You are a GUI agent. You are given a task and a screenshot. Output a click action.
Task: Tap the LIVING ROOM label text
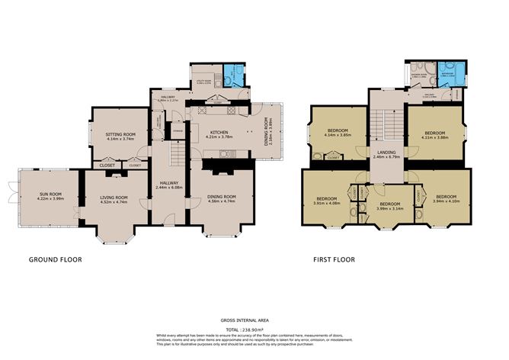[x=114, y=200]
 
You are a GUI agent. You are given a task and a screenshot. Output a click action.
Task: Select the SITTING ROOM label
[x=120, y=136]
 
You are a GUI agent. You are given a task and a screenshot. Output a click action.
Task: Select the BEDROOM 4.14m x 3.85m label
[x=337, y=133]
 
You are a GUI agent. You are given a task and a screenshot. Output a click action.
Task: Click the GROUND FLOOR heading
[x=55, y=259]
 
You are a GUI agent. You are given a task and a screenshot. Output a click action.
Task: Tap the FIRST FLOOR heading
[x=333, y=259]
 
